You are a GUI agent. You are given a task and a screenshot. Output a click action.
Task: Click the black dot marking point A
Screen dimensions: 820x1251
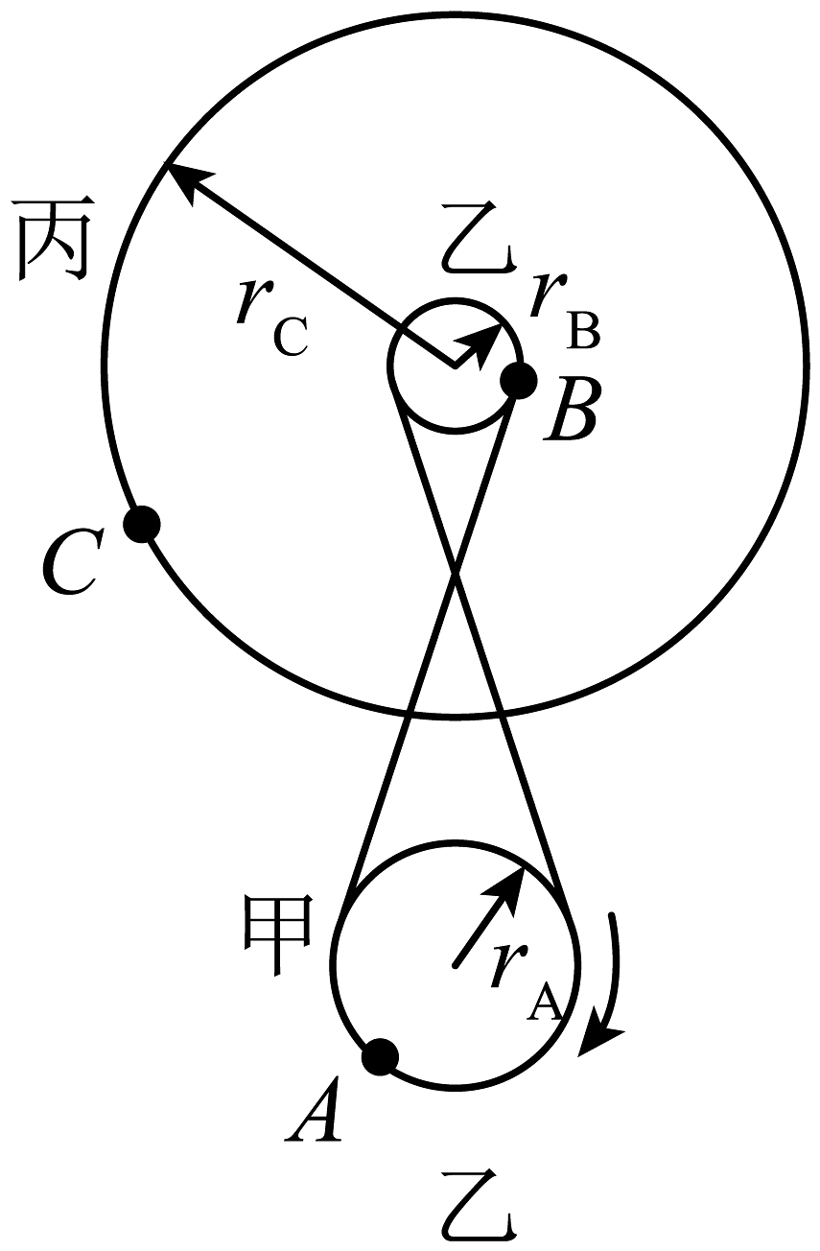[380, 1056]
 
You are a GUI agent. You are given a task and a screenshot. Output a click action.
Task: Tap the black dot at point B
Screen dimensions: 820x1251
[519, 380]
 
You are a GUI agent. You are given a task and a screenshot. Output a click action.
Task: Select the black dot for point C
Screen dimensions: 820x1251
[142, 524]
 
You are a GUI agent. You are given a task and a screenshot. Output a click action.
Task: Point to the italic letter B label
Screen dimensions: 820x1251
[571, 411]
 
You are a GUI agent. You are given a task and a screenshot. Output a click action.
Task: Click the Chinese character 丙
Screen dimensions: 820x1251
[54, 239]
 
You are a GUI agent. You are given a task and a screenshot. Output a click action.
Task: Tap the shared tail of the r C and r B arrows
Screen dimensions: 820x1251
[455, 366]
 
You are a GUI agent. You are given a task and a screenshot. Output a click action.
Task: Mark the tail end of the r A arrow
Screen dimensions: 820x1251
[456, 966]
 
